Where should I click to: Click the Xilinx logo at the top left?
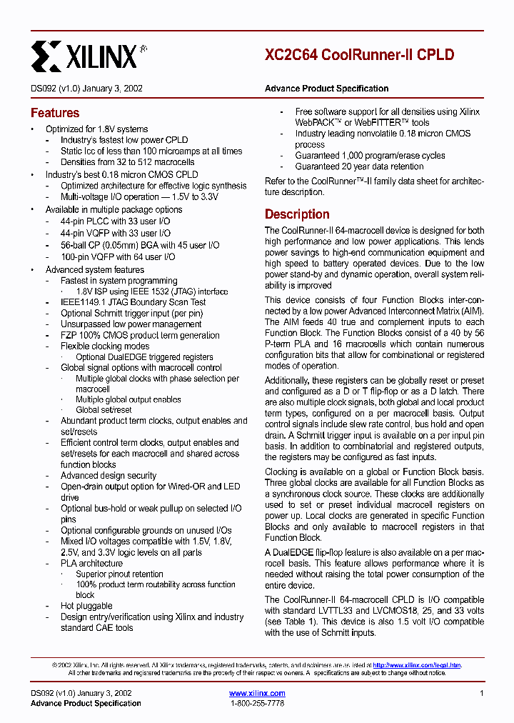point(89,56)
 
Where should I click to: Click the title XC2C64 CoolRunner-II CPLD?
point(359,55)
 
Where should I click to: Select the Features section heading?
point(55,113)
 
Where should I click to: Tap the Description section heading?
point(297,214)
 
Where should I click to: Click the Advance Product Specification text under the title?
point(326,89)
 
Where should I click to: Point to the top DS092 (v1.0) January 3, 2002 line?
point(86,89)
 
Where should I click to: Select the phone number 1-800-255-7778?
point(257,704)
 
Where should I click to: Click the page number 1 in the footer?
point(482,693)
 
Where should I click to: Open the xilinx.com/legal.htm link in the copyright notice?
point(417,665)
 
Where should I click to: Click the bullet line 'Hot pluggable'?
point(86,606)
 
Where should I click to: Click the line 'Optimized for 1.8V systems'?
point(97,129)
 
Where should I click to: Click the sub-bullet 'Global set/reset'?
point(104,410)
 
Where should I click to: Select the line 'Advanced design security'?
point(109,475)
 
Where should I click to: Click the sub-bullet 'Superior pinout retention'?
point(119,574)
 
